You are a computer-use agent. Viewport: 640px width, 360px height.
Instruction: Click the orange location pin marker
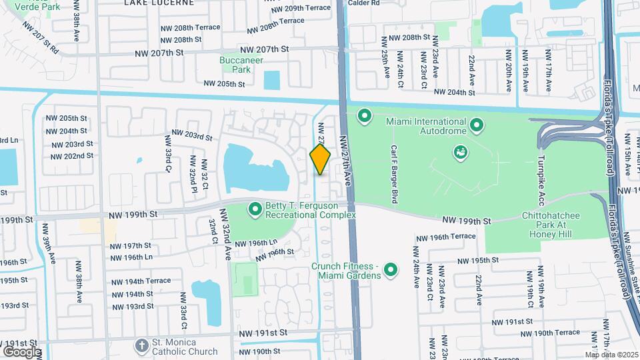(x=320, y=159)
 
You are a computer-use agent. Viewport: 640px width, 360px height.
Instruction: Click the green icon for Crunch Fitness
(x=391, y=270)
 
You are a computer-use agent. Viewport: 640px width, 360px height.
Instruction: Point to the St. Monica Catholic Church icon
(x=141, y=345)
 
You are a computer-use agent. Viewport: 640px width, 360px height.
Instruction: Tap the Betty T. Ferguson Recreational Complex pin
(x=255, y=209)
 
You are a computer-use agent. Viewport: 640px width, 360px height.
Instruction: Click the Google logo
(x=22, y=351)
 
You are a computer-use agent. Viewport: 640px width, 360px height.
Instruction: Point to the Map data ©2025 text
(x=611, y=355)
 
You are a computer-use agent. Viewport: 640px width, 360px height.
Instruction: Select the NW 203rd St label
(x=192, y=137)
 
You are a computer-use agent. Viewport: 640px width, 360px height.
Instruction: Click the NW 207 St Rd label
(x=40, y=37)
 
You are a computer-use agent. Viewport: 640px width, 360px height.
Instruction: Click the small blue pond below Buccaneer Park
(x=272, y=80)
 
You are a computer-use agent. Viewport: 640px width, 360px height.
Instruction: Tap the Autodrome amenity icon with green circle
(x=460, y=153)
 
